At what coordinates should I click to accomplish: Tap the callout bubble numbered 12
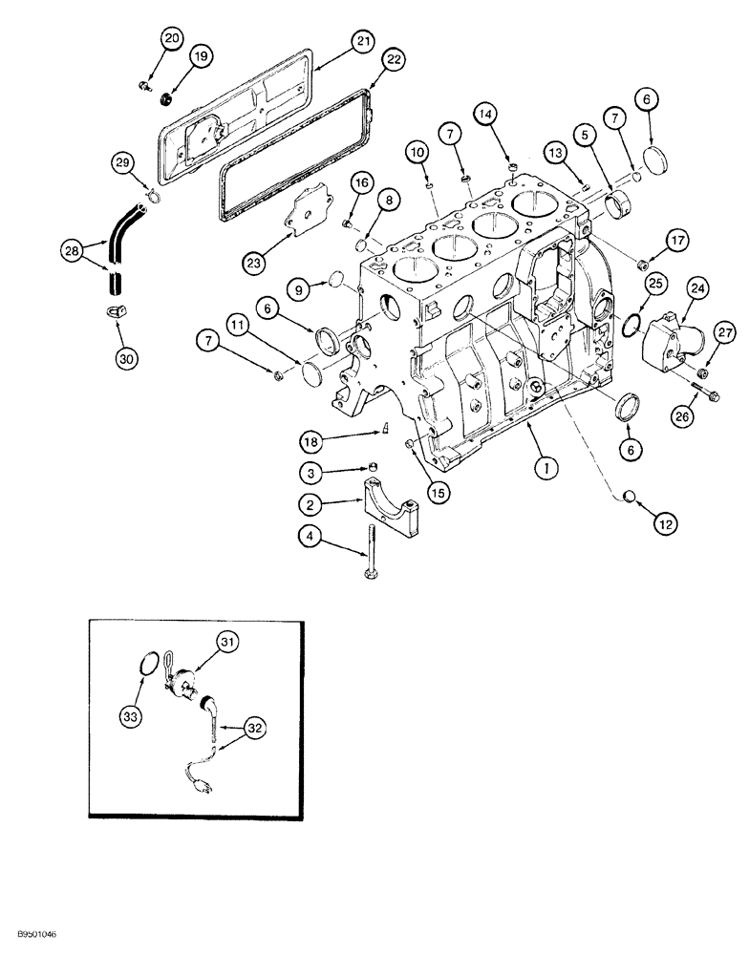[666, 522]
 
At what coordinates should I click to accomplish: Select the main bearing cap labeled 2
[392, 511]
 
